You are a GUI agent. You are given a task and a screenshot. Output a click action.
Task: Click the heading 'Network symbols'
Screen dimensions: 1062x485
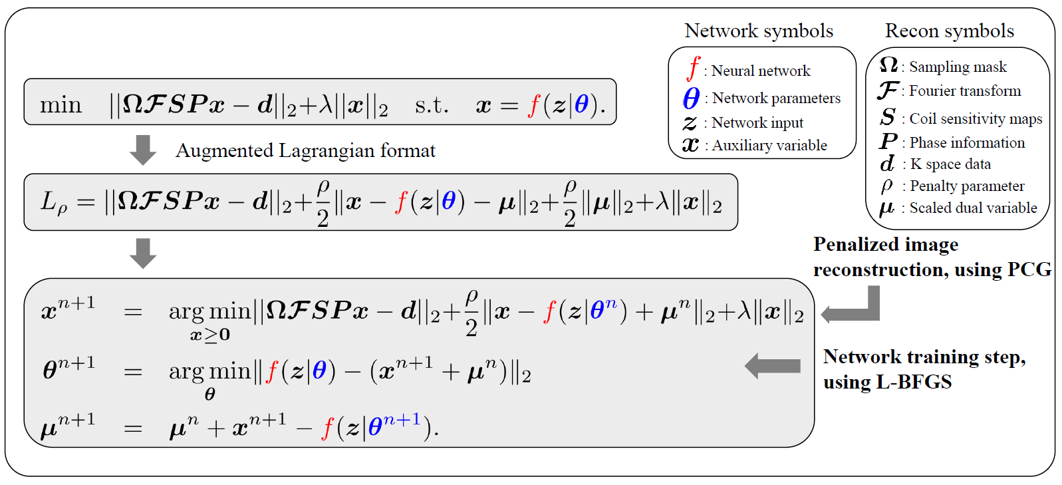[x=758, y=31]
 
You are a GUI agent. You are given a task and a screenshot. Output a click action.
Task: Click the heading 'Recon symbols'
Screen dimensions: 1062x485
[x=949, y=31]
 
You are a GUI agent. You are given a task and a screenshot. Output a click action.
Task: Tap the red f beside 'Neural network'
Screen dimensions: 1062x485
[x=694, y=68]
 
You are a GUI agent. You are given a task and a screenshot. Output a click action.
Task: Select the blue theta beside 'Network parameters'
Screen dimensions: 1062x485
[x=691, y=98]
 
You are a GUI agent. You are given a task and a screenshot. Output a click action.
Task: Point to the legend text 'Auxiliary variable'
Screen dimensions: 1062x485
[x=769, y=146]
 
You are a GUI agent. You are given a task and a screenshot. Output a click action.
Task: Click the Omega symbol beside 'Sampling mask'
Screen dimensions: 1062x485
[x=888, y=65]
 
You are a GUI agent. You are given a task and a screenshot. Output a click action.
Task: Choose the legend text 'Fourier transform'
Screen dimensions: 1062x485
[x=965, y=91]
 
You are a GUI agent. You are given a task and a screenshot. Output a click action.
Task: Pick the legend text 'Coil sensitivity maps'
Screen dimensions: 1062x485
[x=976, y=119]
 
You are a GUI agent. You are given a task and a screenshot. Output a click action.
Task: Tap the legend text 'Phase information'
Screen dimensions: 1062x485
[x=967, y=143]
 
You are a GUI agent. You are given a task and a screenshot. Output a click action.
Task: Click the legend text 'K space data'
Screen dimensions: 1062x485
[x=950, y=164]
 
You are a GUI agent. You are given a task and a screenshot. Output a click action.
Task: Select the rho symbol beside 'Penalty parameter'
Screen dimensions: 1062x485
[x=886, y=186]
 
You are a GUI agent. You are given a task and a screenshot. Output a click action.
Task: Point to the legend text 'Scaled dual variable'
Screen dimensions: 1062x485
[x=973, y=208]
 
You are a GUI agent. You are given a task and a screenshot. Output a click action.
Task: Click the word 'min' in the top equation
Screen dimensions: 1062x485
[x=61, y=105]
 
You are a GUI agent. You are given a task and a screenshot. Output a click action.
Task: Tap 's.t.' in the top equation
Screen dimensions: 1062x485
[x=432, y=105]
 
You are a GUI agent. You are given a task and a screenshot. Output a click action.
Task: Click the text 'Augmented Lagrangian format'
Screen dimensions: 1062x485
[x=305, y=151]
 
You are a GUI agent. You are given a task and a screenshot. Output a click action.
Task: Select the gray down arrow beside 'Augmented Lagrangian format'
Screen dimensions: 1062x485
[x=142, y=150]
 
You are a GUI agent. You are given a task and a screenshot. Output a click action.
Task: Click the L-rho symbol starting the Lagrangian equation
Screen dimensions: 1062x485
[x=53, y=202]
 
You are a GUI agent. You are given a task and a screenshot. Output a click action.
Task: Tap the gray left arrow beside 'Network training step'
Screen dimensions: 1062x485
[x=773, y=366]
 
